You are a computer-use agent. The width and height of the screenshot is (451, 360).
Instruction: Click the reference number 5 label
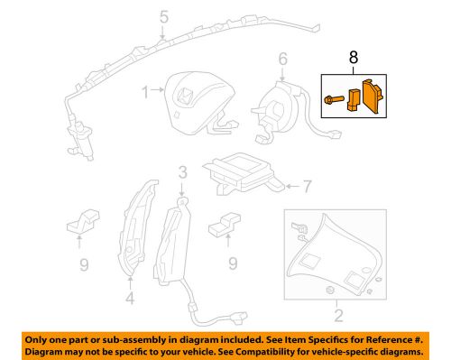click(x=163, y=15)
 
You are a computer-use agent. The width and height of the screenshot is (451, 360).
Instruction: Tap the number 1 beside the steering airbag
click(x=144, y=91)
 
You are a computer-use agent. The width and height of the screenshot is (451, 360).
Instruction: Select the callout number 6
click(x=282, y=60)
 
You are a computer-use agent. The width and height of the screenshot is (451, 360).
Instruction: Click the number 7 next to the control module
click(x=307, y=187)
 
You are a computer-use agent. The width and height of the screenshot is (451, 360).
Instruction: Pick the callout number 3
click(x=182, y=172)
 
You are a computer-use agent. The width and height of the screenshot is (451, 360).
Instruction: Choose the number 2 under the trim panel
click(x=338, y=315)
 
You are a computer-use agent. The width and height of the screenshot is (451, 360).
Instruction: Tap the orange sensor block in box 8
click(x=370, y=97)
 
